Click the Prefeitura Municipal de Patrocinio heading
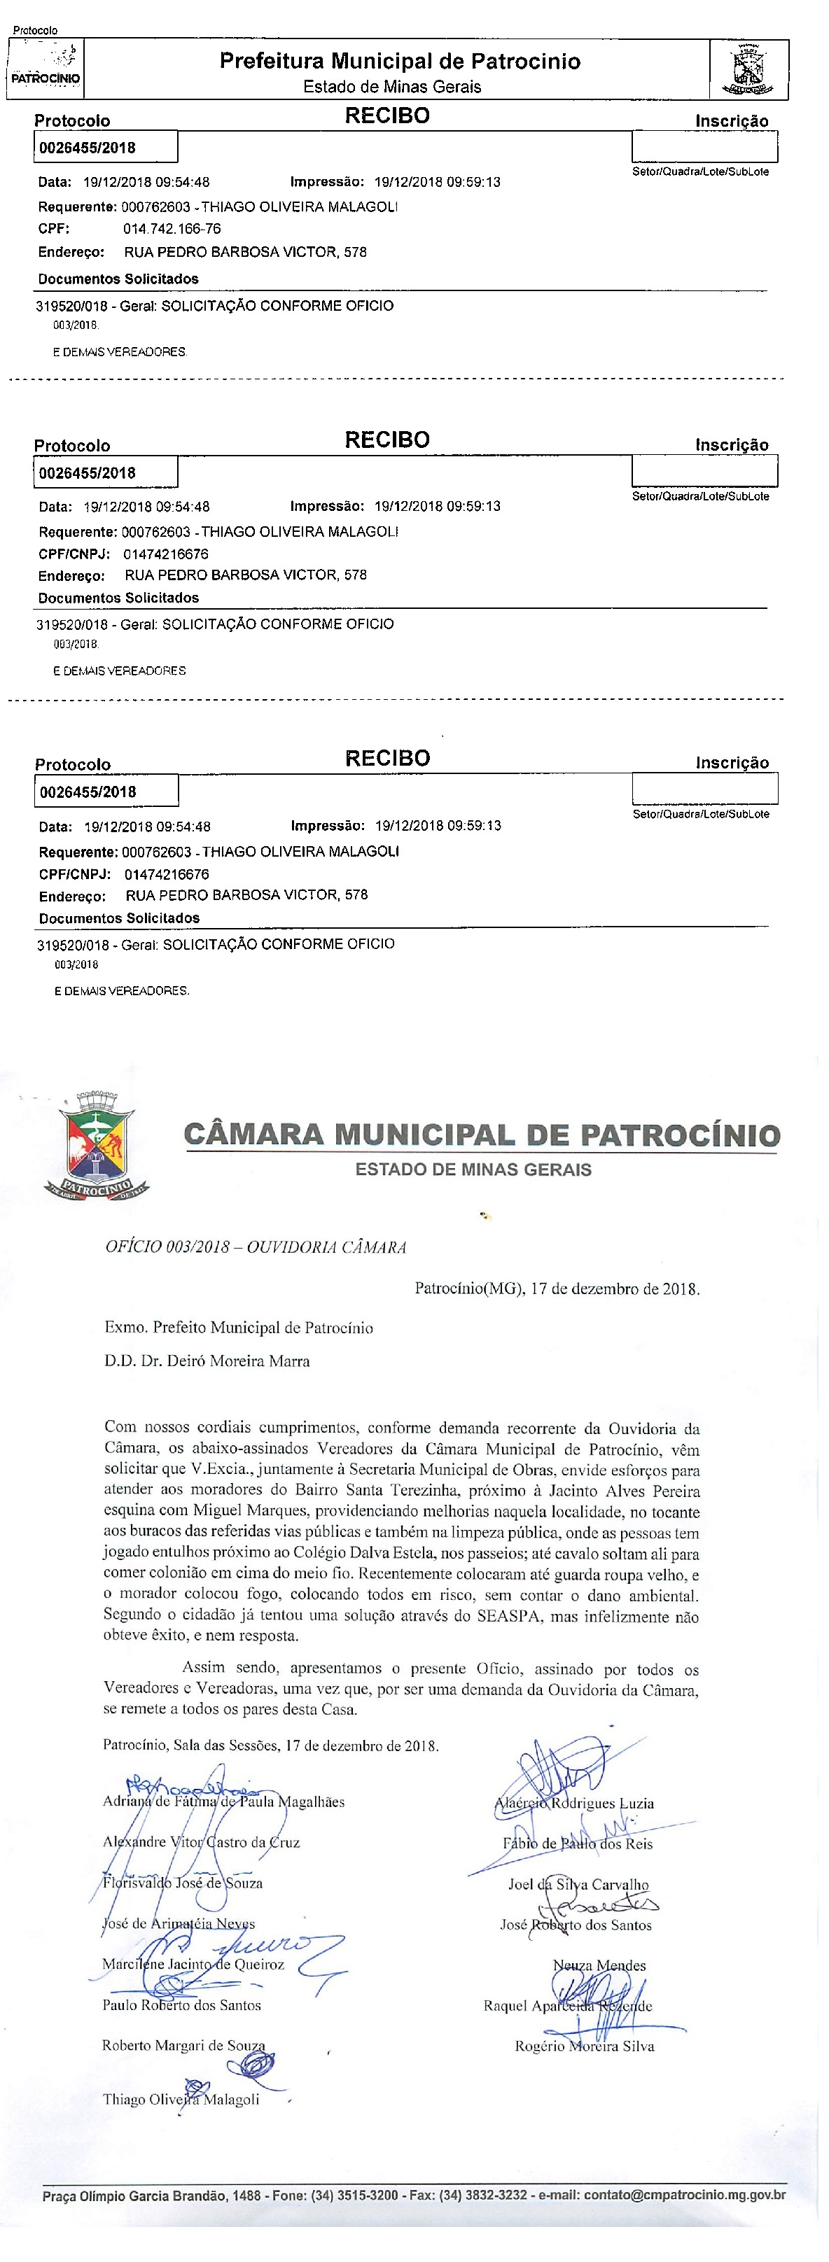[x=400, y=62]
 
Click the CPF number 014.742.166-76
[x=172, y=229]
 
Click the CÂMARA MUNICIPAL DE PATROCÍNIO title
[x=481, y=1134]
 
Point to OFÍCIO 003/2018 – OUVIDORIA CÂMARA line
[x=256, y=1247]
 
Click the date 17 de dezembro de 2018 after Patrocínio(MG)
[x=615, y=1289]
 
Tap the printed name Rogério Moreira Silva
[x=584, y=2046]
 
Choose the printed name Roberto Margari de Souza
[x=183, y=2045]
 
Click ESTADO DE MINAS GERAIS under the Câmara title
[x=473, y=1169]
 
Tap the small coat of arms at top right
[x=748, y=70]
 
